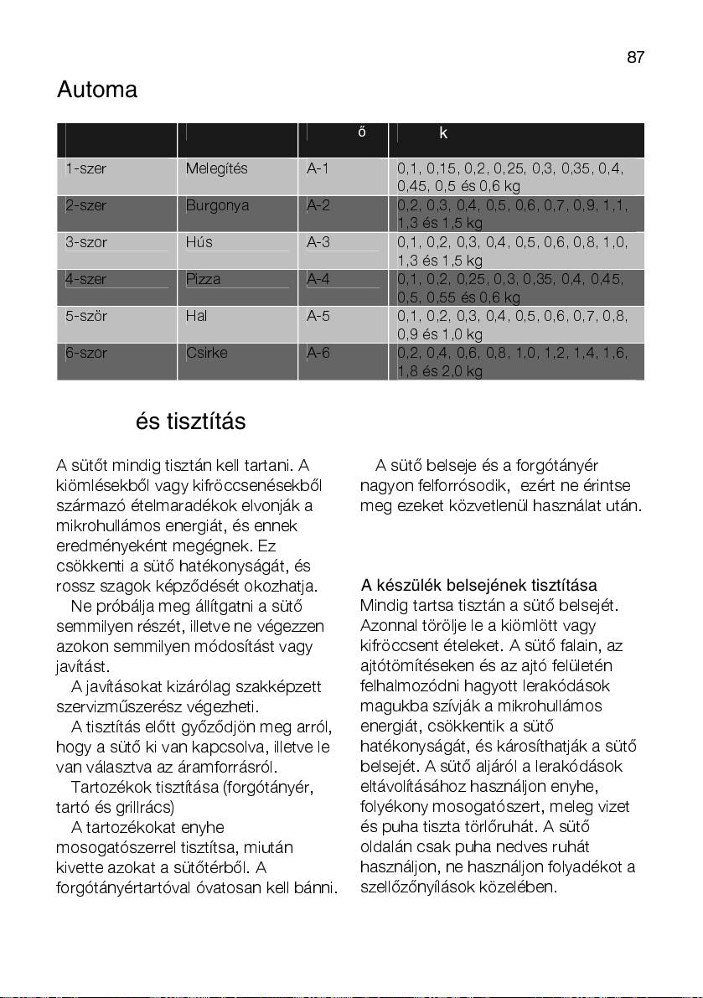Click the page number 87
pyautogui.click(x=635, y=57)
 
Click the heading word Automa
pyautogui.click(x=97, y=90)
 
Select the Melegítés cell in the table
pyautogui.click(x=216, y=168)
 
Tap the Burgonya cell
pyautogui.click(x=217, y=205)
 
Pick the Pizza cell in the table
pyautogui.click(x=203, y=279)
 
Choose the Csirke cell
pyautogui.click(x=205, y=353)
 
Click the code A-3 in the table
pyautogui.click(x=318, y=242)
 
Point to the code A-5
pyautogui.click(x=318, y=316)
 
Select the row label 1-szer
pyautogui.click(x=86, y=168)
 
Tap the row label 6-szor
pyautogui.click(x=86, y=353)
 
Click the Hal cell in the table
pyautogui.click(x=196, y=316)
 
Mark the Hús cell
pyautogui.click(x=199, y=242)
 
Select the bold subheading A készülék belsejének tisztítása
pyautogui.click(x=478, y=585)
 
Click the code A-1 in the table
pyautogui.click(x=318, y=168)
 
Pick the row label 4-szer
pyautogui.click(x=86, y=279)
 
